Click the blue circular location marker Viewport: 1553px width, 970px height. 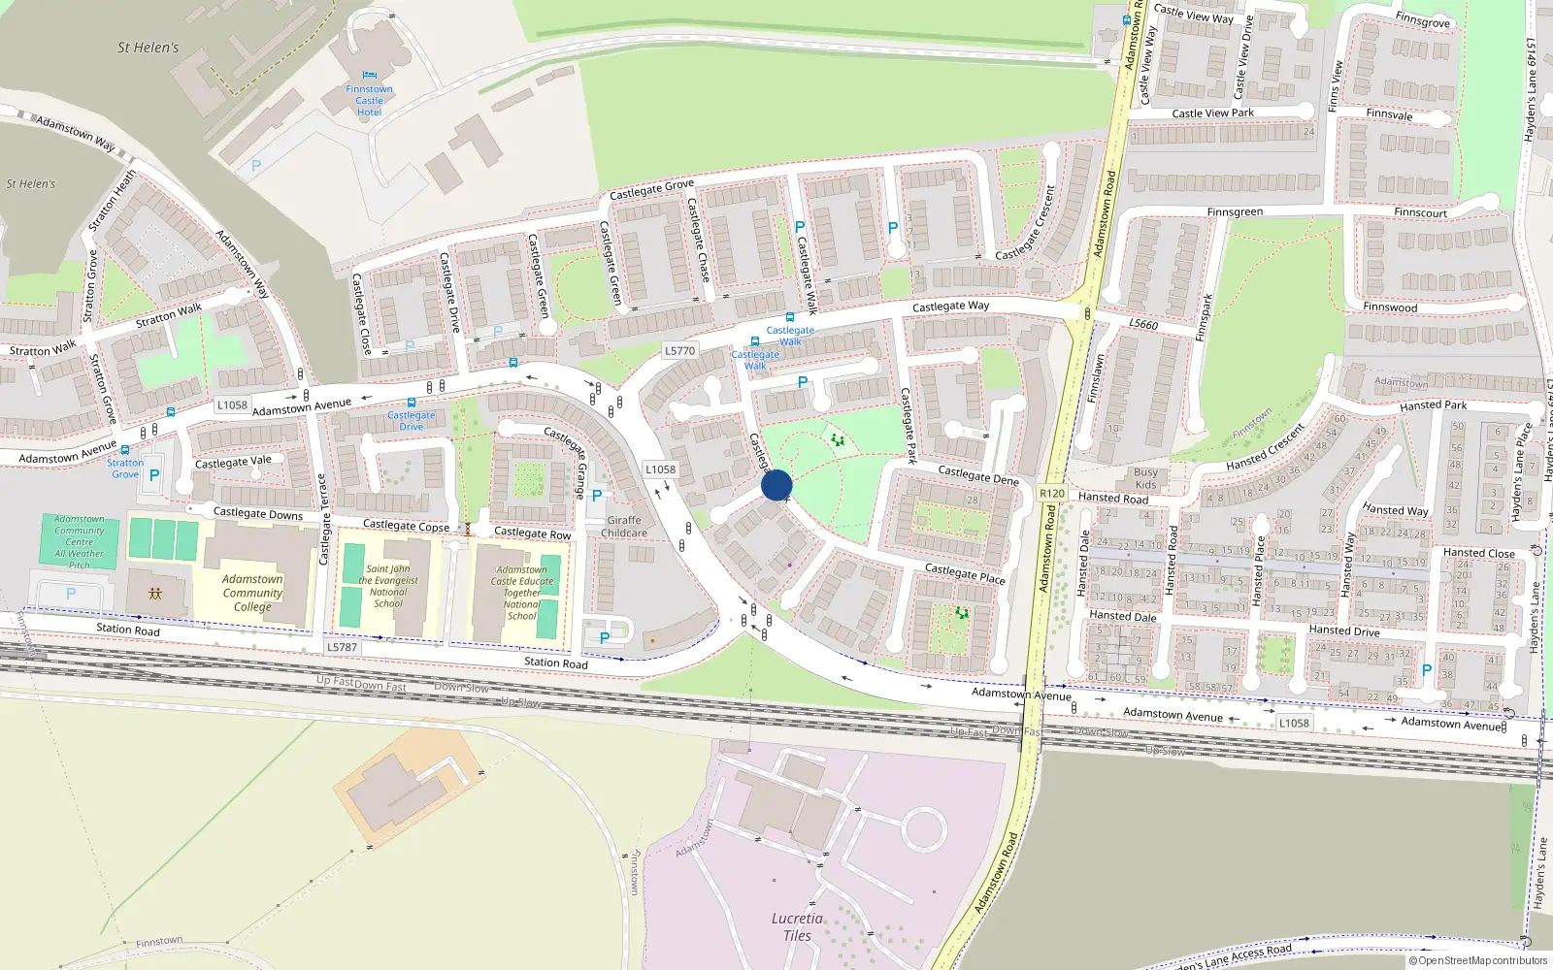[x=776, y=485]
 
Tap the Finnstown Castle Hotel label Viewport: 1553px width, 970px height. [x=369, y=101]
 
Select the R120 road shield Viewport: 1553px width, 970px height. [x=1052, y=494]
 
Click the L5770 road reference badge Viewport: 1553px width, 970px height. [x=679, y=350]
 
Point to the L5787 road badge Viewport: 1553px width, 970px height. [x=342, y=647]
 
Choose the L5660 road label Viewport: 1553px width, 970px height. [x=1143, y=323]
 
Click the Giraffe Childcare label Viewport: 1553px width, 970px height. [x=624, y=527]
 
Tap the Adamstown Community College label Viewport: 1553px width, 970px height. [x=252, y=593]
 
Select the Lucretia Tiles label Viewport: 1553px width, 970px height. [x=797, y=926]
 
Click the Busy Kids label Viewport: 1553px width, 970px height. [x=1145, y=478]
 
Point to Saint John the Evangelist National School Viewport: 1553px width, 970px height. [x=388, y=586]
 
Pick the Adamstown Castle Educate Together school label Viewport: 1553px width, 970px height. [x=521, y=593]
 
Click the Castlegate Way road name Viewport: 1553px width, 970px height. [x=950, y=307]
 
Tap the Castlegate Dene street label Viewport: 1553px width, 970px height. [x=978, y=474]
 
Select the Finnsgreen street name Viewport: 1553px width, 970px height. [x=1235, y=212]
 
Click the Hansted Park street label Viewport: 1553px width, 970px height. [x=1433, y=405]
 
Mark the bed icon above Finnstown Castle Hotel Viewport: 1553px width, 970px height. [x=369, y=75]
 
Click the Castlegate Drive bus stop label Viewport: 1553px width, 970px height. [x=412, y=421]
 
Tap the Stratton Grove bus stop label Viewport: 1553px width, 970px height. [x=124, y=469]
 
